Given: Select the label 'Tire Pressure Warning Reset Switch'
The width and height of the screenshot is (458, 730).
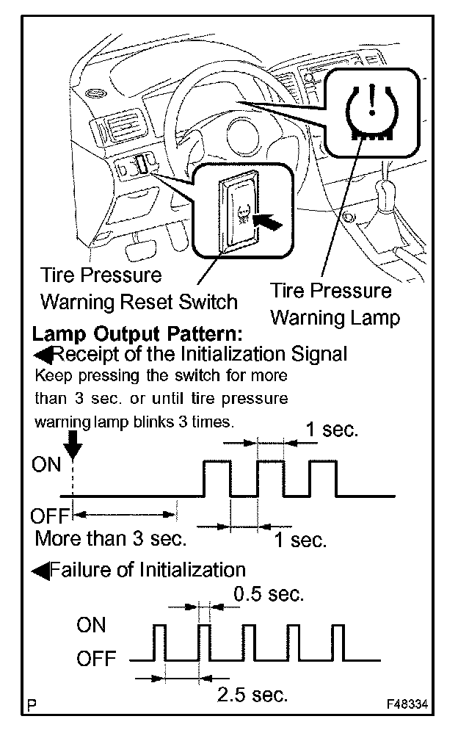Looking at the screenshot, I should [138, 289].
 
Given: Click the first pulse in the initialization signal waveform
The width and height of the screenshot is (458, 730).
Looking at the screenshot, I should [217, 478].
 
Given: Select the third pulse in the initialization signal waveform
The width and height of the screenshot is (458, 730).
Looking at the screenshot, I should [323, 478].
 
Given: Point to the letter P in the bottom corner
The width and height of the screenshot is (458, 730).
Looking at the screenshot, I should [32, 706].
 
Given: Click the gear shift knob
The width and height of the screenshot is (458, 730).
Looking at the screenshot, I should [387, 192].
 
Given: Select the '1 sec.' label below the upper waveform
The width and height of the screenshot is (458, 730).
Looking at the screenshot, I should [299, 540].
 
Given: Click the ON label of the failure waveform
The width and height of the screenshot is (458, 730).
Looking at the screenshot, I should [91, 625].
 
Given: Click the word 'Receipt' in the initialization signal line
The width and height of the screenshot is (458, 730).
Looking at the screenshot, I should [85, 355].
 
